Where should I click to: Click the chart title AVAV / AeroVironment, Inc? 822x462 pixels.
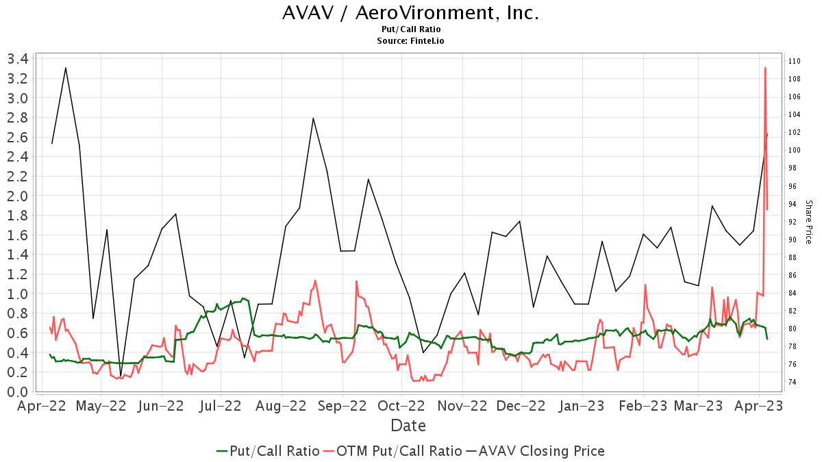pyautogui.click(x=410, y=13)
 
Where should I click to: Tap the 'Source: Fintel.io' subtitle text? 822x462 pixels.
pyautogui.click(x=410, y=41)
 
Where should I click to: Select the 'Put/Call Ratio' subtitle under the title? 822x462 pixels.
pyautogui.click(x=410, y=29)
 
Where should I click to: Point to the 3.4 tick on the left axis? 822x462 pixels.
pyautogui.click(x=17, y=59)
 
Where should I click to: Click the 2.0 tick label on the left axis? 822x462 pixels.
pyautogui.click(x=17, y=196)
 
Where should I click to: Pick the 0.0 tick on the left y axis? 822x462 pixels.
pyautogui.click(x=17, y=392)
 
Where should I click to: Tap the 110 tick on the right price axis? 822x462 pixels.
pyautogui.click(x=795, y=61)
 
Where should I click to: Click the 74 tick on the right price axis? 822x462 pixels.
pyautogui.click(x=793, y=382)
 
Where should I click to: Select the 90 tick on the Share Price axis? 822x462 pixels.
pyautogui.click(x=793, y=240)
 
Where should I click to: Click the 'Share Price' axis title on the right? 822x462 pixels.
pyautogui.click(x=808, y=222)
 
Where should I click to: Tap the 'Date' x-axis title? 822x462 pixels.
pyautogui.click(x=408, y=426)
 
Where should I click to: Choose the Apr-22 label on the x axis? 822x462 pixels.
pyautogui.click(x=41, y=406)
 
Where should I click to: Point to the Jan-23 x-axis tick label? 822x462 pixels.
pyautogui.click(x=582, y=406)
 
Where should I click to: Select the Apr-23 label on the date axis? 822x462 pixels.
pyautogui.click(x=759, y=406)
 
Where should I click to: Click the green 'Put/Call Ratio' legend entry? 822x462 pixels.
pyautogui.click(x=267, y=451)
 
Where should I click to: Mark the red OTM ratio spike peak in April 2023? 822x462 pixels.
pyautogui.click(x=765, y=68)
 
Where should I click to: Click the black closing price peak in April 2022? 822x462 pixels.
pyautogui.click(x=65, y=68)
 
